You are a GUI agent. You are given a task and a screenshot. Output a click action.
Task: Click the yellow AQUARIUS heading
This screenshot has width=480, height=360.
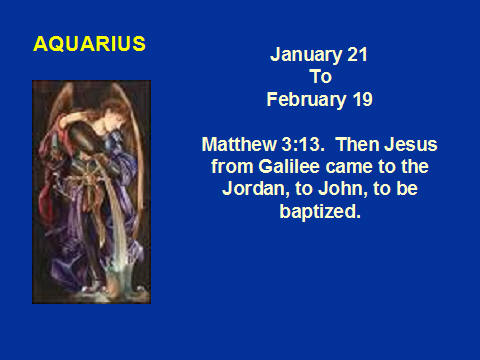pos(89,44)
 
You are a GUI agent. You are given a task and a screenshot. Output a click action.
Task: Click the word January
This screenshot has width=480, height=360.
pos(305,55)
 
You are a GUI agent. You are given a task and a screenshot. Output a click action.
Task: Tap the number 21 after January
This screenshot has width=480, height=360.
pos(357,54)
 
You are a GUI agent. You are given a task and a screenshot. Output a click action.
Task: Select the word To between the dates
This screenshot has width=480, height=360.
pos(320,76)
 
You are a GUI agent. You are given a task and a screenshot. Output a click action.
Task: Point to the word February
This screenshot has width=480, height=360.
pos(306,100)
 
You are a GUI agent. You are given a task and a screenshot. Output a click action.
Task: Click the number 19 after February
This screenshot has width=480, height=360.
pos(363,99)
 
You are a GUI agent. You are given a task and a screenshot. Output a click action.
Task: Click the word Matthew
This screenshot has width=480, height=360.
pos(239,144)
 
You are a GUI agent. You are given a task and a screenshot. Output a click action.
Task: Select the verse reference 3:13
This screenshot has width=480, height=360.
pos(303,144)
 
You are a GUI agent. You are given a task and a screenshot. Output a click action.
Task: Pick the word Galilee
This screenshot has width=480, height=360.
pos(289,166)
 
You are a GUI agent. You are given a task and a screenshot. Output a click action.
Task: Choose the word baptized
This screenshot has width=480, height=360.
pos(320,212)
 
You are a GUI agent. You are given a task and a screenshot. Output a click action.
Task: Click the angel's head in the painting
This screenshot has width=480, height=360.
pos(112,118)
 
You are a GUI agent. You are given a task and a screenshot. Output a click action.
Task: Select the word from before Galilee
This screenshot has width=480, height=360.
pos(232,166)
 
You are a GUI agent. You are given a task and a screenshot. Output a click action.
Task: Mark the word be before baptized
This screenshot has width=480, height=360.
pos(407,188)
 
